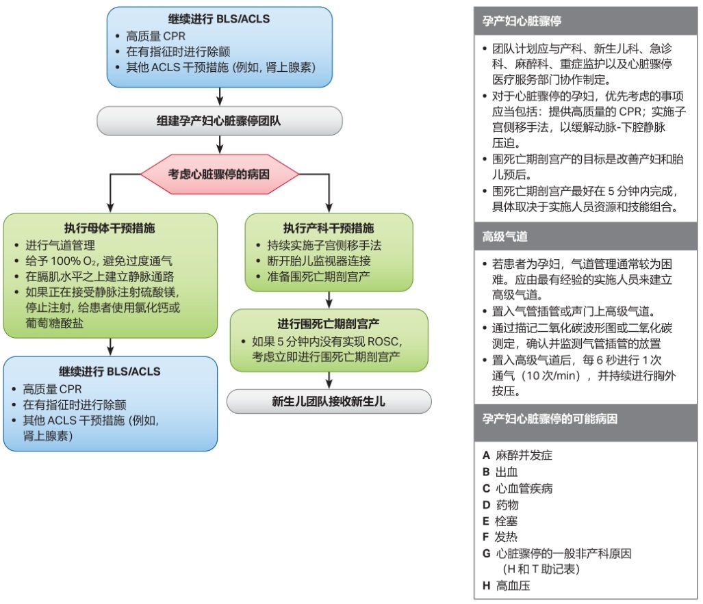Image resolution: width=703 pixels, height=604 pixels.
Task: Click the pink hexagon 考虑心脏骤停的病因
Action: pyautogui.click(x=219, y=174)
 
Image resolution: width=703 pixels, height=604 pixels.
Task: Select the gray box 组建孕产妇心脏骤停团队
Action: pyautogui.click(x=219, y=122)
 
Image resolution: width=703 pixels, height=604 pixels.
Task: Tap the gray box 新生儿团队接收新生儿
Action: pyautogui.click(x=329, y=402)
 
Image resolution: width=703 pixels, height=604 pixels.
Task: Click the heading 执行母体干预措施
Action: pyautogui.click(x=110, y=228)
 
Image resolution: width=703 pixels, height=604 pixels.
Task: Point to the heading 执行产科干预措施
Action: pyautogui.click(x=329, y=228)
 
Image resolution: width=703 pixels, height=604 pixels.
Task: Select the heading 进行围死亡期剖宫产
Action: pyautogui.click(x=329, y=324)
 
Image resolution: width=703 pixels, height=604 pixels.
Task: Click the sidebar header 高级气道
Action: pyautogui.click(x=504, y=236)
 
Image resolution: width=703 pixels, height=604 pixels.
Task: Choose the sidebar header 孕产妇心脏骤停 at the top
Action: pyautogui.click(x=522, y=21)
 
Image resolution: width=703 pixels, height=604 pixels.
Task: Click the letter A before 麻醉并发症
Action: pyautogui.click(x=486, y=456)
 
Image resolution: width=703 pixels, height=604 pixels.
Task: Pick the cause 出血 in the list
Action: pyautogui.click(x=507, y=472)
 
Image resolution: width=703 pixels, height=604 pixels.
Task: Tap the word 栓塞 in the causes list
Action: pyautogui.click(x=507, y=521)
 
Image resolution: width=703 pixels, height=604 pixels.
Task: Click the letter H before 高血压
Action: pyautogui.click(x=486, y=586)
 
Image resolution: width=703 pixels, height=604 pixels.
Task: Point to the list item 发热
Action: pyautogui.click(x=507, y=537)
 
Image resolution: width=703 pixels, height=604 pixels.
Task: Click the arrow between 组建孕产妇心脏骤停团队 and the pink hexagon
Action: pyautogui.click(x=219, y=143)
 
